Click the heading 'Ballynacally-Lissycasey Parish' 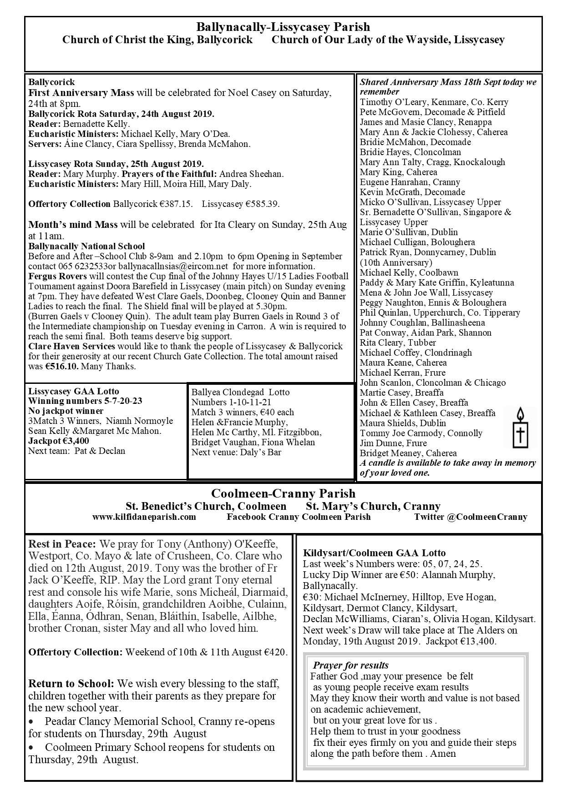283,27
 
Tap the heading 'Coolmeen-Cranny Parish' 283,493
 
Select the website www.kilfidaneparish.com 144,517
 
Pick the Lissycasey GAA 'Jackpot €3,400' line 59,441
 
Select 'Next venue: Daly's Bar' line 236,452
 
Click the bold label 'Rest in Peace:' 62,544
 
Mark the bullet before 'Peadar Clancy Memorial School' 31,722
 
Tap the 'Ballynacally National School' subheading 86,246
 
